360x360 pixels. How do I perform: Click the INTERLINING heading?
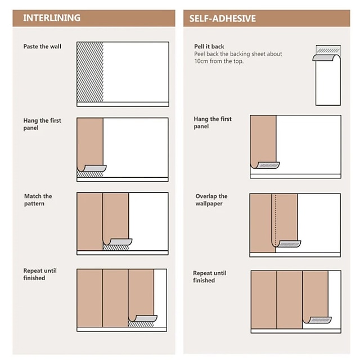[52, 18]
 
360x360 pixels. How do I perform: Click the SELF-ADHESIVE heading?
[223, 19]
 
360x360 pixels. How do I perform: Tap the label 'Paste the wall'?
[42, 46]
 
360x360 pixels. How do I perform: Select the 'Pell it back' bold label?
[209, 46]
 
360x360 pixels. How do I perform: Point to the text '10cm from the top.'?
[219, 61]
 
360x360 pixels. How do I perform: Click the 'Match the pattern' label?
[38, 200]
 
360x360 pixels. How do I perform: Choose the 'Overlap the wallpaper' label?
[211, 200]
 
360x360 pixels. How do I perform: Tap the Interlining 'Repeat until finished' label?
[40, 274]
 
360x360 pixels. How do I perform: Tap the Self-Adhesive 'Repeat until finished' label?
[210, 277]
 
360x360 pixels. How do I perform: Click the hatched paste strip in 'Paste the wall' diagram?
[90, 72]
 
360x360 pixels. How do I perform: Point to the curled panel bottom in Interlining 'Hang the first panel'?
[92, 168]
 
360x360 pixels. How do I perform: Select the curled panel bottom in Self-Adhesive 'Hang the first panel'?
[265, 165]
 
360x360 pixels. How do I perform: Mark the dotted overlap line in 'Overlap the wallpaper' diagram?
[276, 220]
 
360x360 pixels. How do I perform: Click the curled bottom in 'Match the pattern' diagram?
[118, 242]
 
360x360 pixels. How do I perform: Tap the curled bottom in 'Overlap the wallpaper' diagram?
[286, 244]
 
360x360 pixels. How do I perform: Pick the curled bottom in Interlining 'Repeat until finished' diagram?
[143, 318]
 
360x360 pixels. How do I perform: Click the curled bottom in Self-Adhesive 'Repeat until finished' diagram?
[317, 320]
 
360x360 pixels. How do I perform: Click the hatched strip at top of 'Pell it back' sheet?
[328, 50]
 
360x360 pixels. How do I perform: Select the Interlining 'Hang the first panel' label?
[42, 124]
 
